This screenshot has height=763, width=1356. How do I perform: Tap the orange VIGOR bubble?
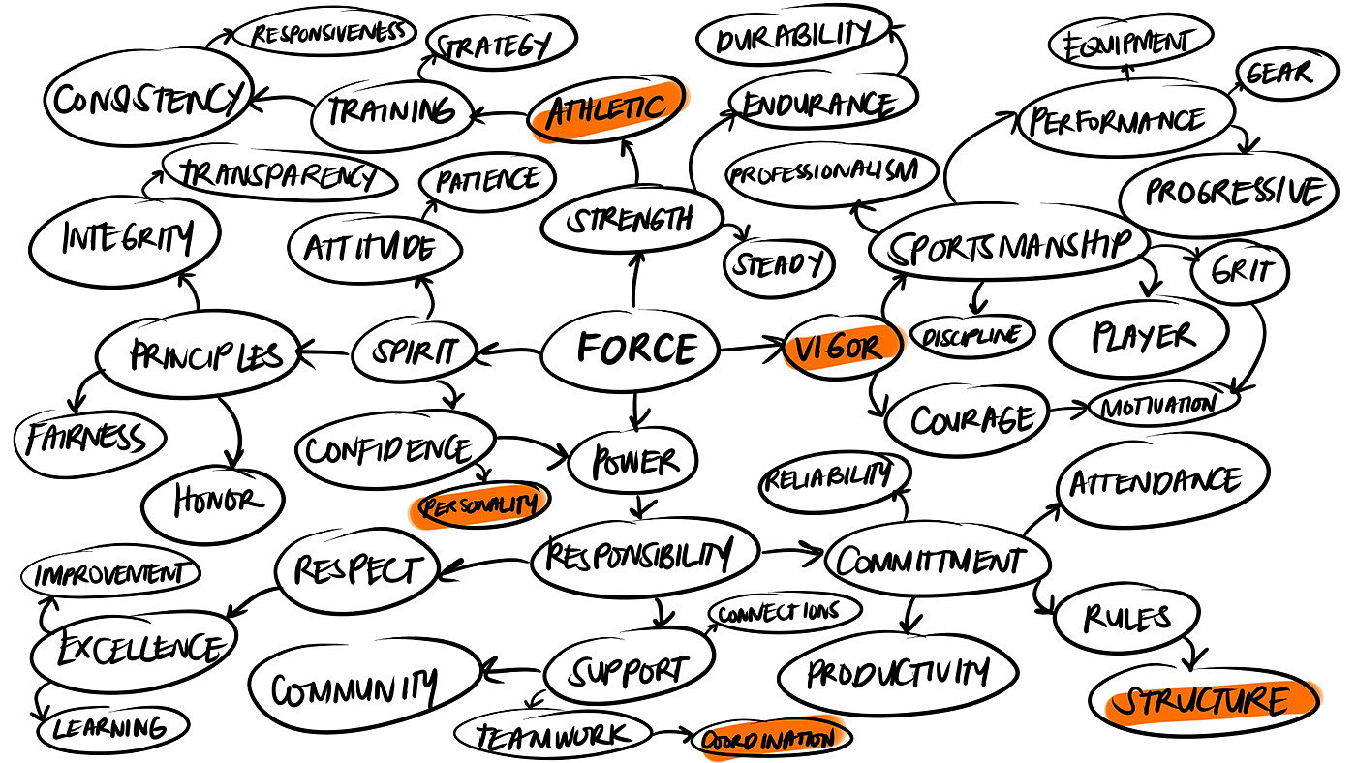click(x=838, y=347)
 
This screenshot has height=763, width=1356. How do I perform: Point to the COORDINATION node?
click(x=771, y=740)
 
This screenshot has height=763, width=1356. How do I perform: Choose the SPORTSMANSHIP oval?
click(x=1007, y=245)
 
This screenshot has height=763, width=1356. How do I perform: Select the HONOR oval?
click(x=213, y=501)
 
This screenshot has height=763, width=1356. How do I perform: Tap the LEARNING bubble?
click(x=108, y=727)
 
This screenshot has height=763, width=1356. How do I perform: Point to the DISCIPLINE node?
click(x=971, y=335)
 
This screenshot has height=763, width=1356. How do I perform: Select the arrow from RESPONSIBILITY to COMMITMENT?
click(x=789, y=555)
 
